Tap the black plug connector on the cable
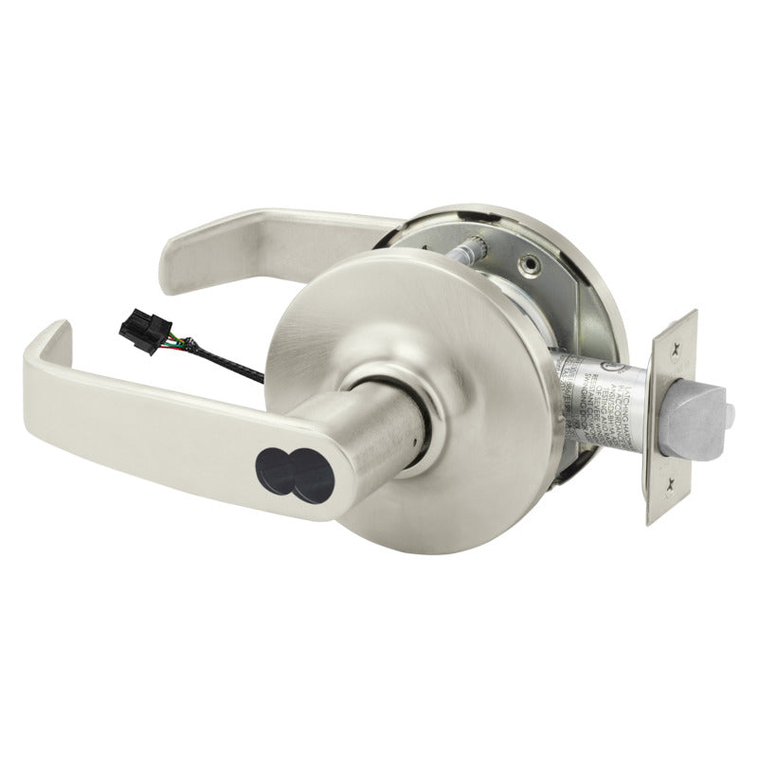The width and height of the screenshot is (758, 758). click(135, 329)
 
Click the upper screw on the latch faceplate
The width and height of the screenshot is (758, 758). click(675, 349)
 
